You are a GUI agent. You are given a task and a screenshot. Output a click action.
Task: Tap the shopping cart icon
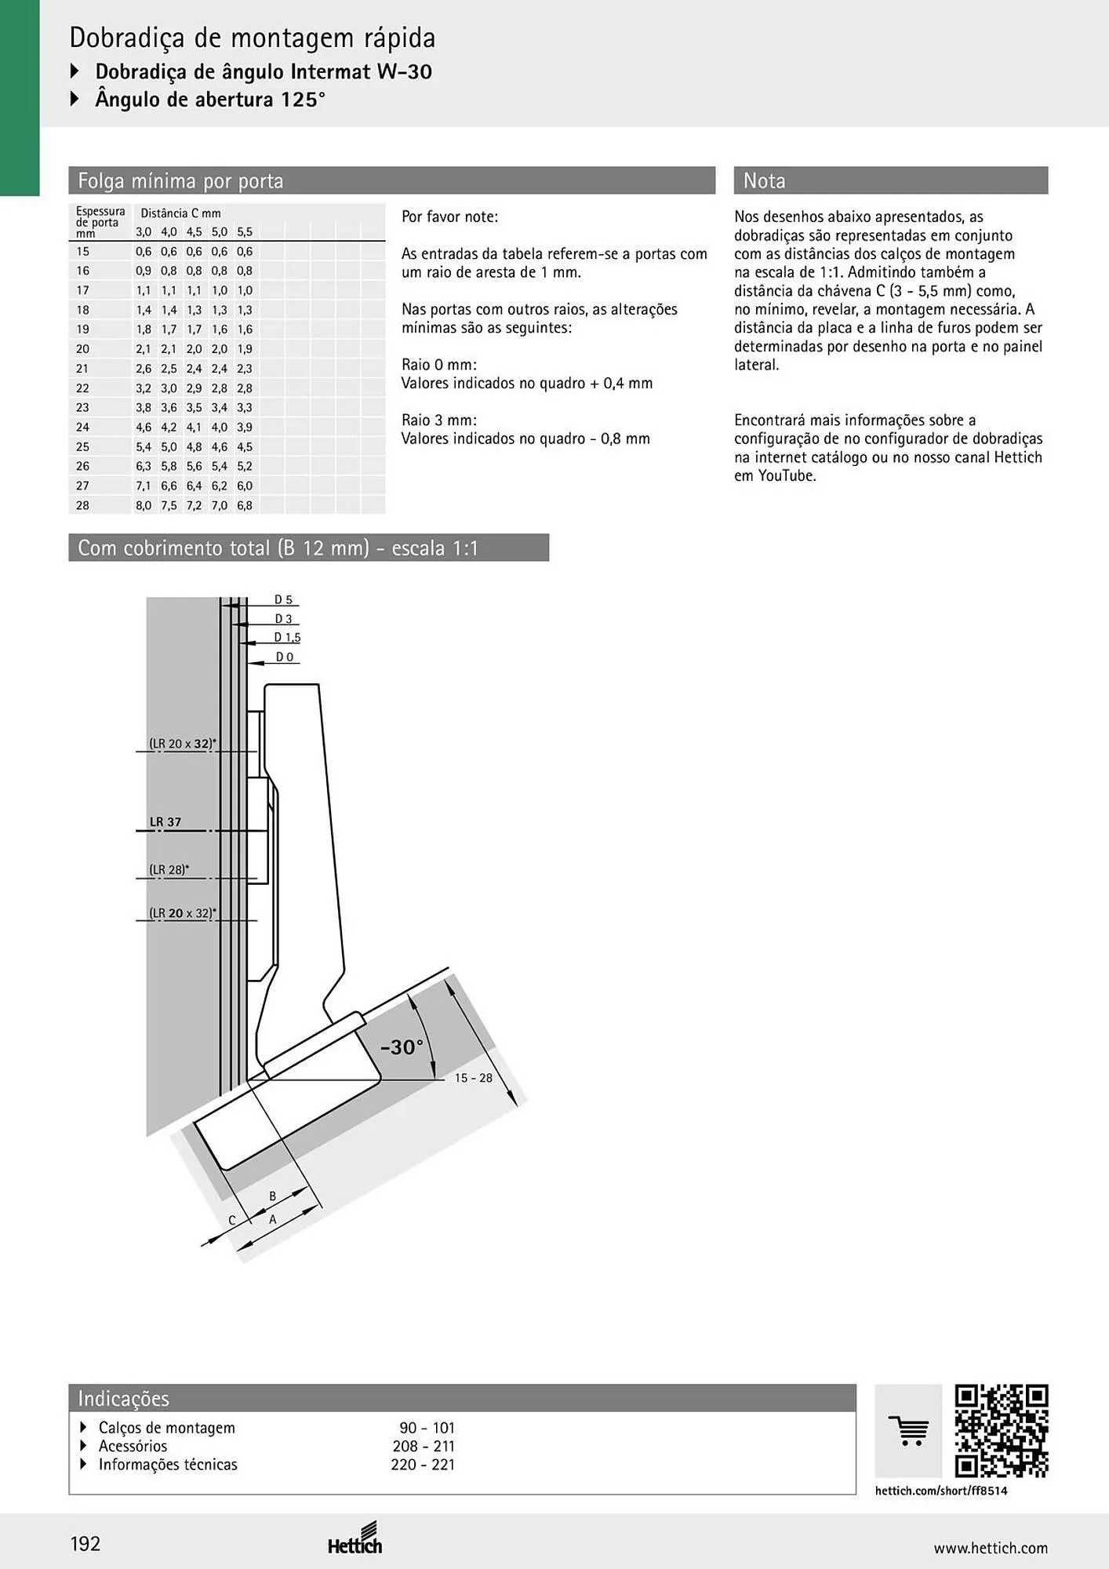coord(909,1431)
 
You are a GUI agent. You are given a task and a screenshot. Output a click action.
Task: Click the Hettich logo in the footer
coord(355,1538)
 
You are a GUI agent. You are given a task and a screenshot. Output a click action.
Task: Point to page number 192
coord(85,1544)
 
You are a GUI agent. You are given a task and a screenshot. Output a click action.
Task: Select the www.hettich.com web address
coord(991,1548)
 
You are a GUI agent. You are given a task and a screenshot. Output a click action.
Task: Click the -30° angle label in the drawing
coord(402,1047)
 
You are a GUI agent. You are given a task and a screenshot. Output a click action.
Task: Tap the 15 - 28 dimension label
coord(474,1078)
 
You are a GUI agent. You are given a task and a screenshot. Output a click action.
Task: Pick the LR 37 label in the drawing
coord(165,822)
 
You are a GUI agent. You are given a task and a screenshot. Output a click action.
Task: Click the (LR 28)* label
coord(169,869)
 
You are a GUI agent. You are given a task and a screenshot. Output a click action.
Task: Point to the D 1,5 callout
coord(287,638)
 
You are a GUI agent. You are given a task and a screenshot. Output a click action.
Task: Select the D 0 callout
coord(284,657)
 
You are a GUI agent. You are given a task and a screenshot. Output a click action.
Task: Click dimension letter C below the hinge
coord(232,1220)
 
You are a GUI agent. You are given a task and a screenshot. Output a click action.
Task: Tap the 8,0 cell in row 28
coord(144,506)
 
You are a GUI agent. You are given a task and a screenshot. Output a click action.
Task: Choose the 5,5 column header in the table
coord(245,232)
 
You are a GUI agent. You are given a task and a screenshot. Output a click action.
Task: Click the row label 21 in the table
coord(82,369)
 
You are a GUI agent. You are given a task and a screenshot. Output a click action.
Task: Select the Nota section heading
coord(764,181)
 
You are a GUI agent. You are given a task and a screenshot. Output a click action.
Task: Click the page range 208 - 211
coord(424,1446)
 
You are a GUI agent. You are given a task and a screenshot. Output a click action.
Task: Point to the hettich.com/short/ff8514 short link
coord(941,1491)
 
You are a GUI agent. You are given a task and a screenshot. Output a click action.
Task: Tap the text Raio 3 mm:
coord(439,420)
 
